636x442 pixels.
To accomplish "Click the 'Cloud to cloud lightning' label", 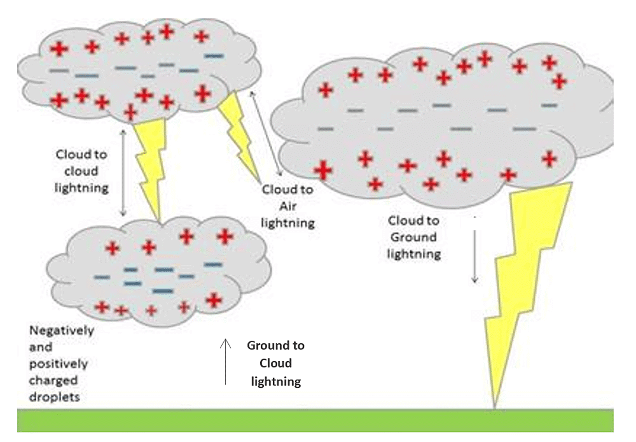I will (x=81, y=171).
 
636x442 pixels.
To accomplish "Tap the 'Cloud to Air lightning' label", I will (x=288, y=206).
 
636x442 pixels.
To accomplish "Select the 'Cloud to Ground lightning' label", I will (x=413, y=237).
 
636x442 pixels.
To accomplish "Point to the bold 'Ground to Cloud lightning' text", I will (x=276, y=364).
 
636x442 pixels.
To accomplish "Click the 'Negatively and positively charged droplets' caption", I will (x=62, y=364).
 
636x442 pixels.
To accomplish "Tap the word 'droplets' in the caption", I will (x=57, y=396).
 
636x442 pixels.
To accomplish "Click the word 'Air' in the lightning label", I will (x=287, y=206).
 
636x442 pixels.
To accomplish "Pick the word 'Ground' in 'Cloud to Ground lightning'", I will (x=413, y=237).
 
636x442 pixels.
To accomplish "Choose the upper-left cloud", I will (x=127, y=70).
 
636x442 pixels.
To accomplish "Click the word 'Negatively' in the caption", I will (x=62, y=331).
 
